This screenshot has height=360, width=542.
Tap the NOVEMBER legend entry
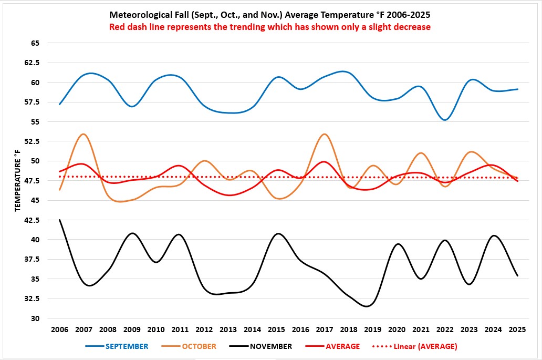(271, 346)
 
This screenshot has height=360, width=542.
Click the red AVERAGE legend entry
(342, 346)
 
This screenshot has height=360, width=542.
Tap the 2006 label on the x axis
(60, 329)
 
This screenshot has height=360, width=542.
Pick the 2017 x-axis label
(324, 329)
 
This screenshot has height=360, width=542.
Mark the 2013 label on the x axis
(228, 329)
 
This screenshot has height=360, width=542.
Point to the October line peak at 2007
(83, 134)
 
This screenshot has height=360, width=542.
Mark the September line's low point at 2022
(445, 120)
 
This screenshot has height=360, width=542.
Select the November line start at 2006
(60, 220)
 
